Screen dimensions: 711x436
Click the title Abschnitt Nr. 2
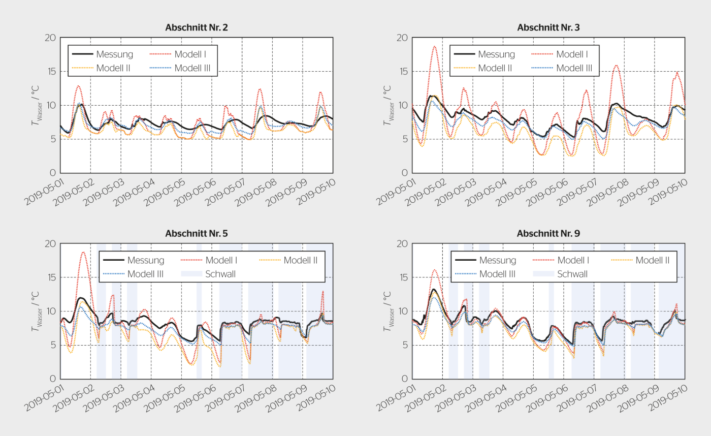tap(197, 27)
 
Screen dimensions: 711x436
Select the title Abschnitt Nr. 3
tap(548, 27)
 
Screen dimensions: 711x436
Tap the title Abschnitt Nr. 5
tap(197, 234)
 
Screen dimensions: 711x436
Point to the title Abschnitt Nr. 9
tap(548, 234)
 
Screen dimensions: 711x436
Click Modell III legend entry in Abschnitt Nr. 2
tap(180, 68)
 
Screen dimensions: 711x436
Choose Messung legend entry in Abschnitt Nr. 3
tap(484, 54)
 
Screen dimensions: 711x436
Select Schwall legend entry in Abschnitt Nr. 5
tap(208, 274)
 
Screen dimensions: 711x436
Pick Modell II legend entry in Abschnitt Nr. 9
tap(640, 260)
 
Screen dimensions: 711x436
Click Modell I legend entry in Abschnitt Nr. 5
tap(209, 260)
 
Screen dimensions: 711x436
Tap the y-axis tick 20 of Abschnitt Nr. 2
tap(50, 38)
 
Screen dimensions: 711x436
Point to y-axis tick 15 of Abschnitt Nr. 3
tap(402, 72)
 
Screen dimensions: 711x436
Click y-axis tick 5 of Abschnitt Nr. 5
tap(53, 345)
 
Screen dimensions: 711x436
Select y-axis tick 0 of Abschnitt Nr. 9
tap(405, 379)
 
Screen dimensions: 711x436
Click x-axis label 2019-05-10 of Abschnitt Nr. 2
tap(316, 191)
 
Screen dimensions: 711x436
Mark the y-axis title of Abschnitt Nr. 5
tap(36, 312)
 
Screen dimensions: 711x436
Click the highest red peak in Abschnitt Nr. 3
tap(434, 46)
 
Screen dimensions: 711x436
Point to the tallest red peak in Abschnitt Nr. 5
tap(83, 253)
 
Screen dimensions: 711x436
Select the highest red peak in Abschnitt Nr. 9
tap(435, 270)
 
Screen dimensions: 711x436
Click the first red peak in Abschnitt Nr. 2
tap(78, 86)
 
